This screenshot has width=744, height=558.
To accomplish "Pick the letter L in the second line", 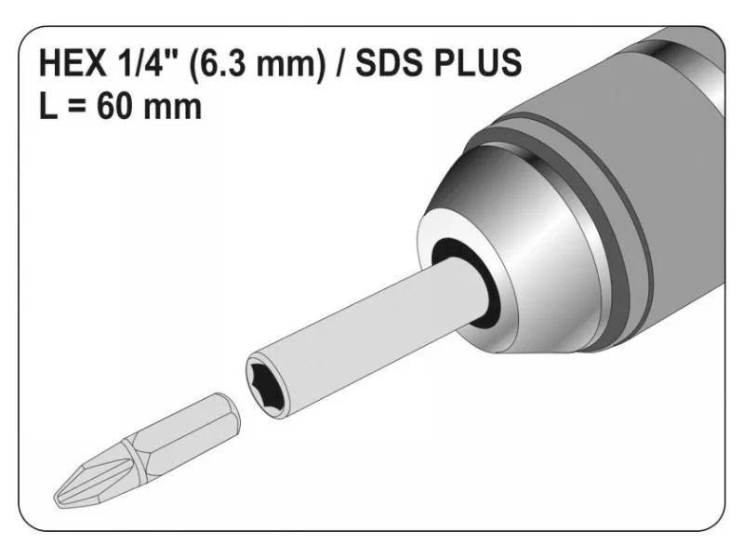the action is coord(47,106).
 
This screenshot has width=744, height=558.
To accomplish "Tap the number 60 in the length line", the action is coord(114,106).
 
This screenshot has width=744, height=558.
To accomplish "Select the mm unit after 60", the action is coord(172,110).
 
